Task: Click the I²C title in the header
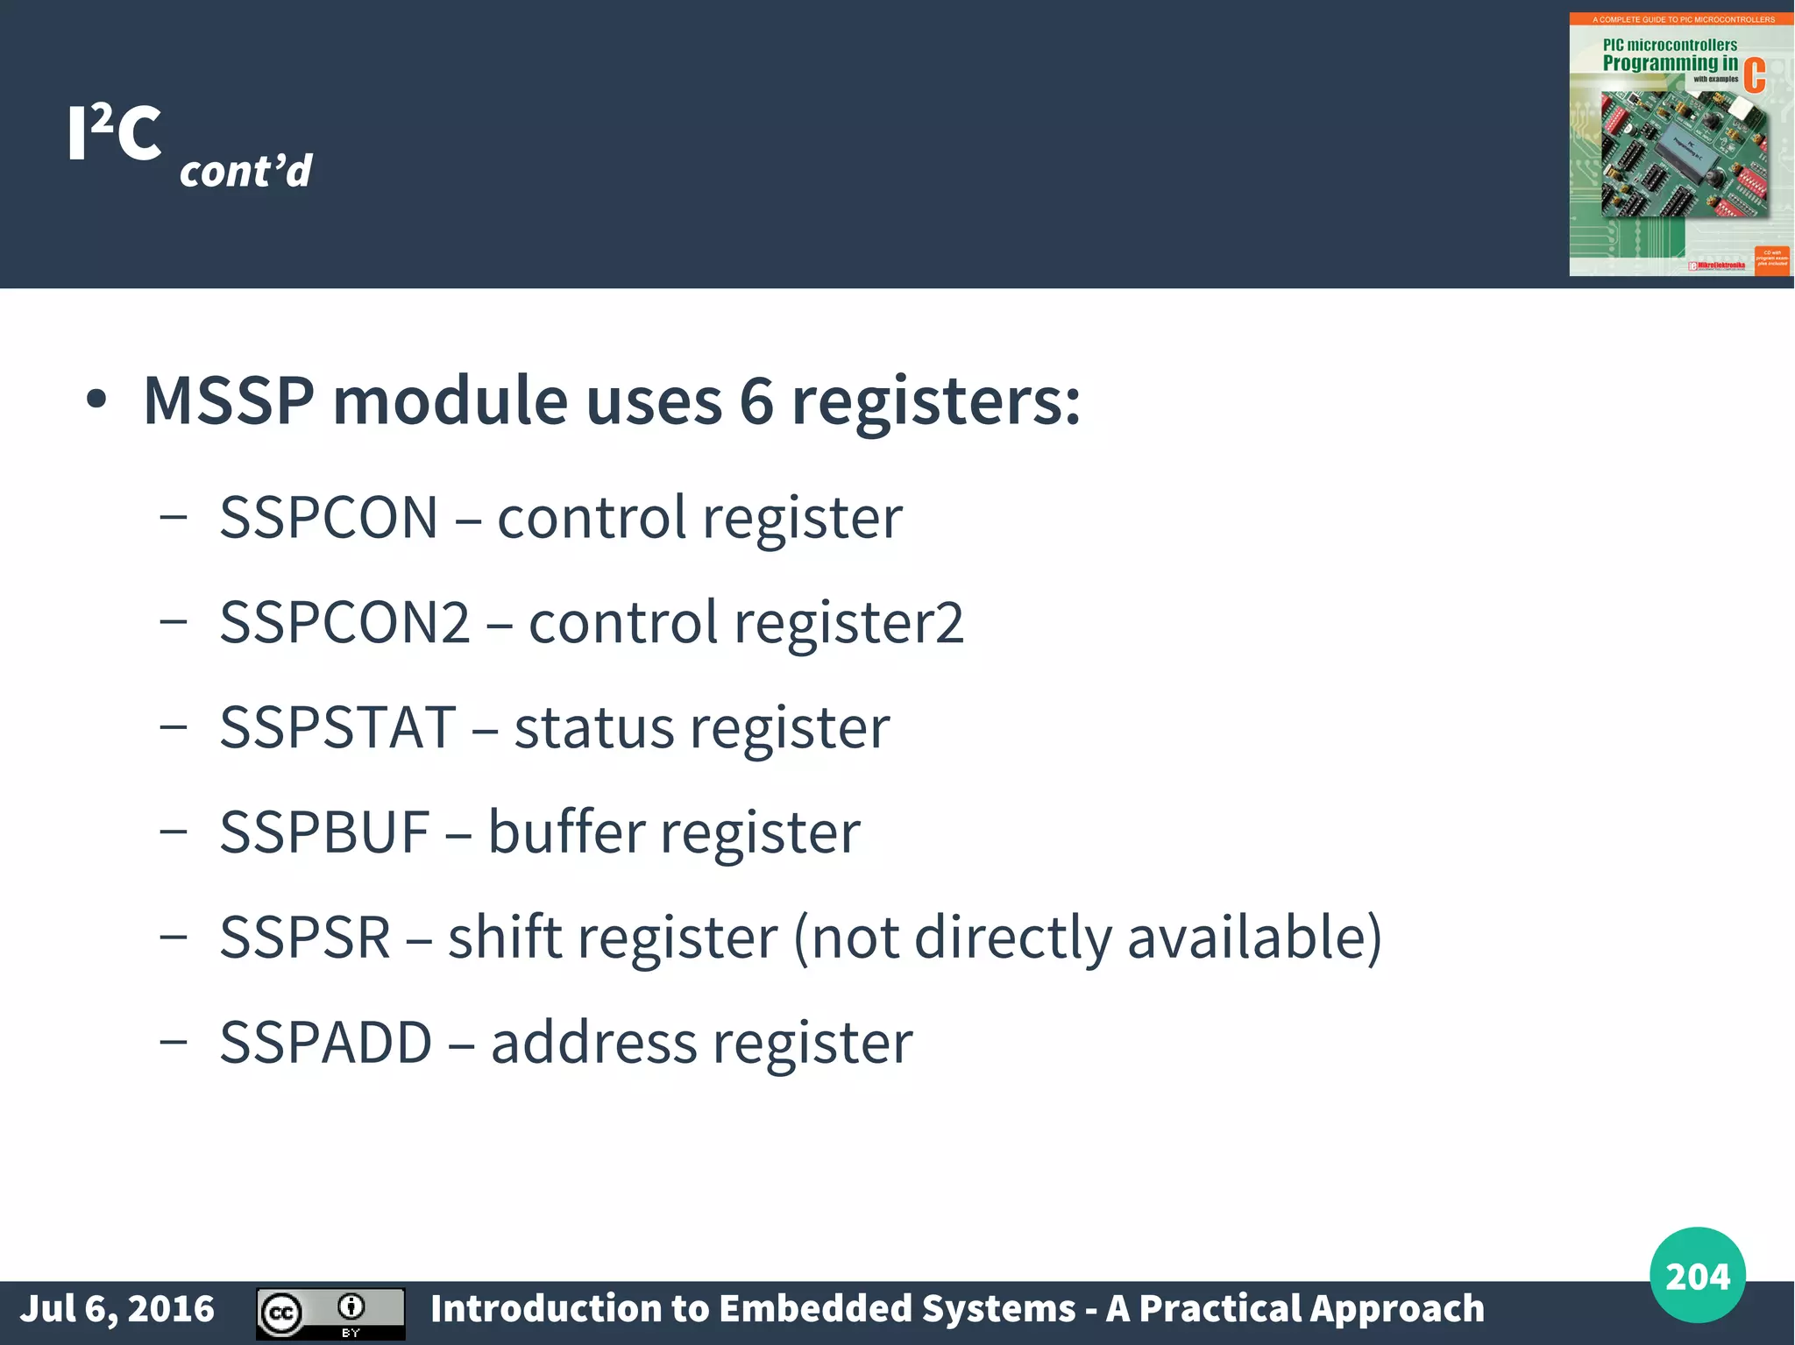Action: tap(115, 133)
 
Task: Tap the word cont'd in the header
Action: tap(245, 171)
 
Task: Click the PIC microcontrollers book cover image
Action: tap(1679, 145)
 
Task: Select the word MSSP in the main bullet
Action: tap(229, 401)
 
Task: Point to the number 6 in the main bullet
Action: tap(756, 401)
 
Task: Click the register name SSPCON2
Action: tap(345, 623)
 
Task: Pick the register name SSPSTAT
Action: tap(338, 727)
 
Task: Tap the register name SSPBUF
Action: tap(324, 832)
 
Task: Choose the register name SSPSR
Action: tap(305, 938)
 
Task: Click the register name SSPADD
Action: tap(326, 1043)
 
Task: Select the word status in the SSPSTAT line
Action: tap(593, 727)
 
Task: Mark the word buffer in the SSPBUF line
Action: tap(566, 832)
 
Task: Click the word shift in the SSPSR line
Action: tap(503, 938)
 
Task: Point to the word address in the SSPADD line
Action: tap(593, 1043)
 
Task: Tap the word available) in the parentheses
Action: tap(1254, 938)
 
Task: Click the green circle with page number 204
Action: tap(1697, 1275)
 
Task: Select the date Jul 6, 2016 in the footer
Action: tap(117, 1309)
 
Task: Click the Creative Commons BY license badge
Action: tap(330, 1313)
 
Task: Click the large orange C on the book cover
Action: tap(1754, 75)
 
